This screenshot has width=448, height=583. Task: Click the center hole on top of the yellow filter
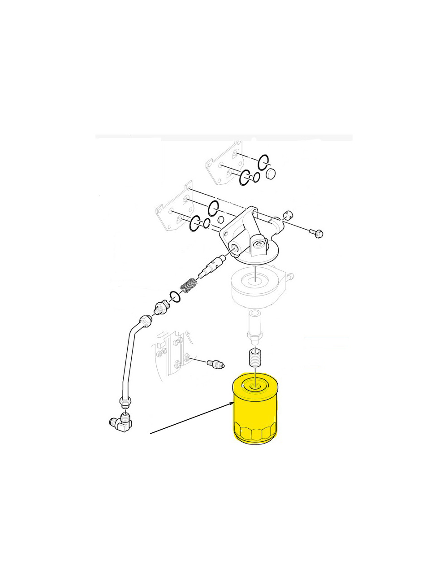coord(254,384)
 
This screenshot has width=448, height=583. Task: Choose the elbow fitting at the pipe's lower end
coord(121,422)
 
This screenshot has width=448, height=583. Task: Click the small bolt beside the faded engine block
coord(215,363)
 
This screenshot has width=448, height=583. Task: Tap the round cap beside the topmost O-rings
coord(271,174)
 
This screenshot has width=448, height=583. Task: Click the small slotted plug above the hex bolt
coord(288,215)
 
